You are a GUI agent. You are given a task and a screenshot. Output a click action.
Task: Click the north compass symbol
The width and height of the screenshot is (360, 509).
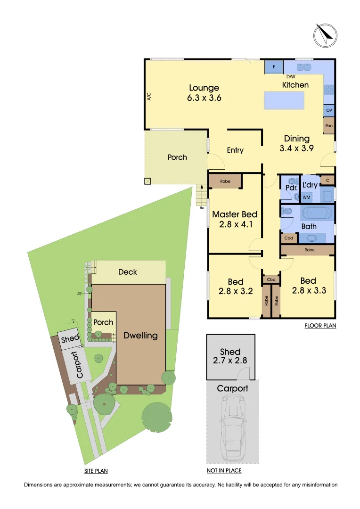tap(326, 35)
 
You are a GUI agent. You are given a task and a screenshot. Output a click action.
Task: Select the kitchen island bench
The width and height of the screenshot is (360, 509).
tap(284, 100)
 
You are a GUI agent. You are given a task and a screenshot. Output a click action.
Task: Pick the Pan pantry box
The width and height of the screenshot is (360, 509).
tap(329, 126)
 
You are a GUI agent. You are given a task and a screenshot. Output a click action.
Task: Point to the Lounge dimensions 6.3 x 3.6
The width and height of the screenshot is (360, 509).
tap(204, 98)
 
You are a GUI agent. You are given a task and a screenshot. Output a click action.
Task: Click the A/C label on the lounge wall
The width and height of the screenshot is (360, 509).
tap(149, 97)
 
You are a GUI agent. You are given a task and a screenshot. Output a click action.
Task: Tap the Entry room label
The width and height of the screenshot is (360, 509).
tap(235, 150)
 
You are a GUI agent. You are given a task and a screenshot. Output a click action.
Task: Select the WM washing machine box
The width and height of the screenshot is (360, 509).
tap(306, 197)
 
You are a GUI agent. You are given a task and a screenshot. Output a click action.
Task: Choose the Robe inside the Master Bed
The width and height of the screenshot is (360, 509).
tap(225, 181)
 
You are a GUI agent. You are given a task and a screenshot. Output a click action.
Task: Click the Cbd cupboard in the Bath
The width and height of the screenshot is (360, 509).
tap(289, 238)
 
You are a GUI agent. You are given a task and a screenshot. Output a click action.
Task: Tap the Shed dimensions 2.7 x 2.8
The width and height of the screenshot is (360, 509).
tap(230, 361)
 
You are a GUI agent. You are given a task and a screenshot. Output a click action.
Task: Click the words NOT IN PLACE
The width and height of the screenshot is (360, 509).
tap(224, 470)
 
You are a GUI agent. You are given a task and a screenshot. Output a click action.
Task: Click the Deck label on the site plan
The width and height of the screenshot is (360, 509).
tap(128, 272)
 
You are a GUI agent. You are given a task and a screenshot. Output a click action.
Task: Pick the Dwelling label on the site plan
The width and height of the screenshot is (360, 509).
tap(140, 336)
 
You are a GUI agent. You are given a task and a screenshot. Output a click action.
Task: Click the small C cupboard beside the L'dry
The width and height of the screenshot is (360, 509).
tap(327, 180)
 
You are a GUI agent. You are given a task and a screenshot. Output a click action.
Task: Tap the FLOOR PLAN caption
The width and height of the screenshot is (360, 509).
tap(320, 325)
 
